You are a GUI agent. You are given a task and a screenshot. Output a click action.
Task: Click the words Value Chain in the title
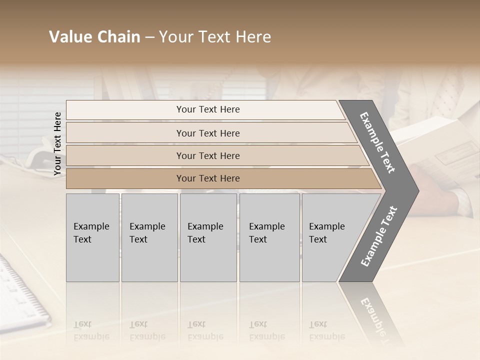pos(94,37)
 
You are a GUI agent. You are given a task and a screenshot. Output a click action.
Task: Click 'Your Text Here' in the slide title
pos(215,37)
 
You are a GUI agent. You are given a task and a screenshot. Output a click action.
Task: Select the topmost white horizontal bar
pos(205,109)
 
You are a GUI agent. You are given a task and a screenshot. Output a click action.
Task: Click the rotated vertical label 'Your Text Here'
pos(57,143)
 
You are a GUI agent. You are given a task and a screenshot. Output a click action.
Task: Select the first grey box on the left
pos(92,237)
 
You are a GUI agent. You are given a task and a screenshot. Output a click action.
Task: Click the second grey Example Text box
pos(149,237)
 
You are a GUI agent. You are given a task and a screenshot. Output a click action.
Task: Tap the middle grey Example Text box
pos(208,237)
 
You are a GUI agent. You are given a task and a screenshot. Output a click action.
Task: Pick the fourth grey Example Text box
pos(269,237)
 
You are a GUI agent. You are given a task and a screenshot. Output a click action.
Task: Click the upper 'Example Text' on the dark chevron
pos(377,142)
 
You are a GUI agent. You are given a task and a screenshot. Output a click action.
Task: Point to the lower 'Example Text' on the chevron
pos(378,236)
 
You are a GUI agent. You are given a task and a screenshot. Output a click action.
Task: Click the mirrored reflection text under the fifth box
pos(326,330)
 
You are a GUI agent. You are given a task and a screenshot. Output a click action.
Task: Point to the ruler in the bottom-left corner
pos(20,290)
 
